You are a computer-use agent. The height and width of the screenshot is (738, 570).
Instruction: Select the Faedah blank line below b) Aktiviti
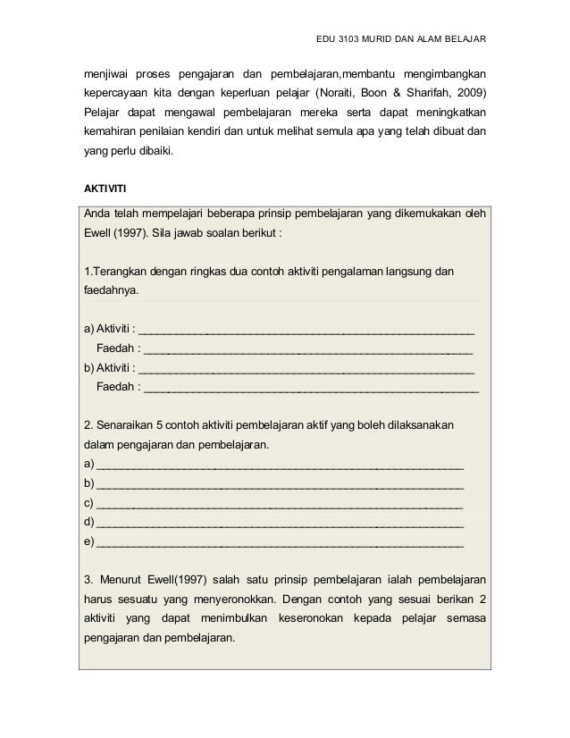click(310, 389)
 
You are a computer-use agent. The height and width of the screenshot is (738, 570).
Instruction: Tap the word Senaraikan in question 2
click(125, 423)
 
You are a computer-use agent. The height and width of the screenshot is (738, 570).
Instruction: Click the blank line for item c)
click(279, 504)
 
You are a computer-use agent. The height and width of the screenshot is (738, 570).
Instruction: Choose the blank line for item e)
click(279, 542)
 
